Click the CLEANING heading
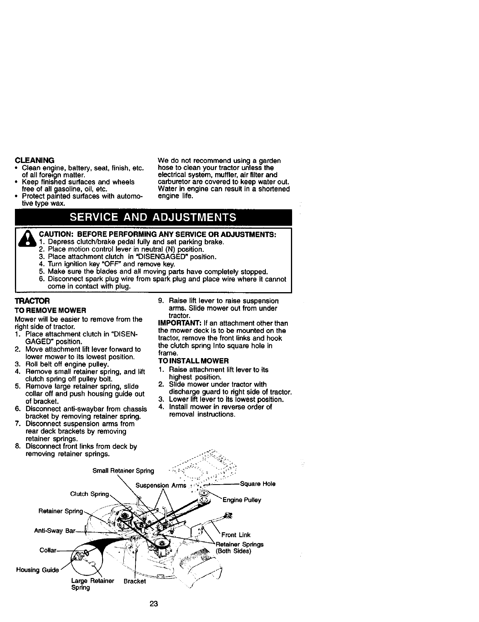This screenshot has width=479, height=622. pyautogui.click(x=34, y=160)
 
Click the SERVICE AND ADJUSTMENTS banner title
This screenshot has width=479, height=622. pyautogui.click(x=153, y=217)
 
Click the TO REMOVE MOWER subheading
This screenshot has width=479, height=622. pyautogui.click(x=50, y=310)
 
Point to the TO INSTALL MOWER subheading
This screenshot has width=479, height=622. pyautogui.click(x=193, y=360)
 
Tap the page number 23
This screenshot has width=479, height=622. pyautogui.click(x=154, y=604)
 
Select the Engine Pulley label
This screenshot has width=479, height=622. pyautogui.click(x=241, y=500)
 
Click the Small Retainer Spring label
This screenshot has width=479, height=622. pyautogui.click(x=123, y=471)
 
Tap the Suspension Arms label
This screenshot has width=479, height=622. pyautogui.click(x=161, y=485)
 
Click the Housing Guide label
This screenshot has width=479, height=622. pyautogui.click(x=37, y=570)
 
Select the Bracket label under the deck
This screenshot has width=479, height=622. pyautogui.click(x=134, y=581)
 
